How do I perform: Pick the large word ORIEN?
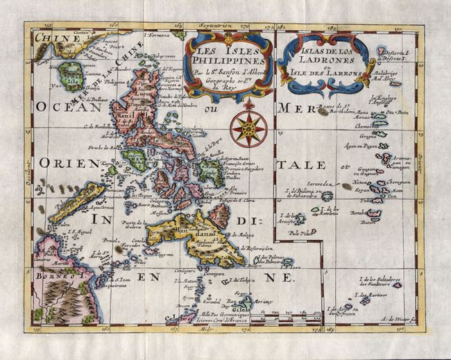61,165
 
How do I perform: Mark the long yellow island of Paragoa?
76,200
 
